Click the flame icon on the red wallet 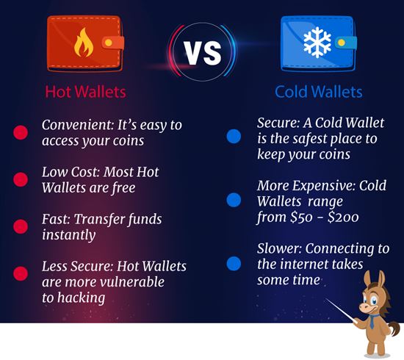pos(84,43)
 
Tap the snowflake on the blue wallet pos(317,42)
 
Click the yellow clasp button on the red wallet pos(109,43)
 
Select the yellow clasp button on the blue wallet pos(341,43)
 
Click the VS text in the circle pos(203,52)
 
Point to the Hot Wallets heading pos(85,92)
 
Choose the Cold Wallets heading pos(319,92)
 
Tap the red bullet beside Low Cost pos(21,179)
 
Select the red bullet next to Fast pos(21,226)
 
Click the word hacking pos(81,298)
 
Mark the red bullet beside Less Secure pos(21,273)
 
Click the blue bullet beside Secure pos(234,137)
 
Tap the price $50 pos(303,217)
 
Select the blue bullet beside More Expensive pos(234,200)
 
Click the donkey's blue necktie pos(372,321)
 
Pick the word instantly pos(68,235)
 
